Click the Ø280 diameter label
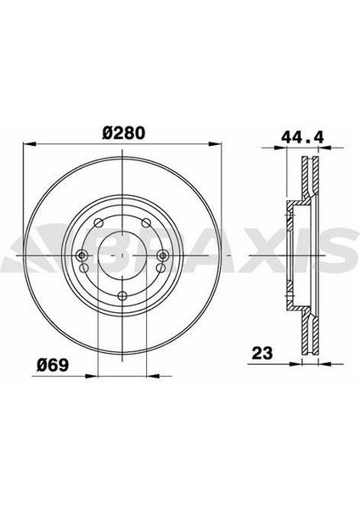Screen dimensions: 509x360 (x=123, y=133)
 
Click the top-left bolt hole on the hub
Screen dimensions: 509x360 (x=101, y=223)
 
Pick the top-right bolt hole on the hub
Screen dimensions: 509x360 (x=146, y=223)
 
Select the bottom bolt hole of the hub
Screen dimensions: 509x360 (x=124, y=294)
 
